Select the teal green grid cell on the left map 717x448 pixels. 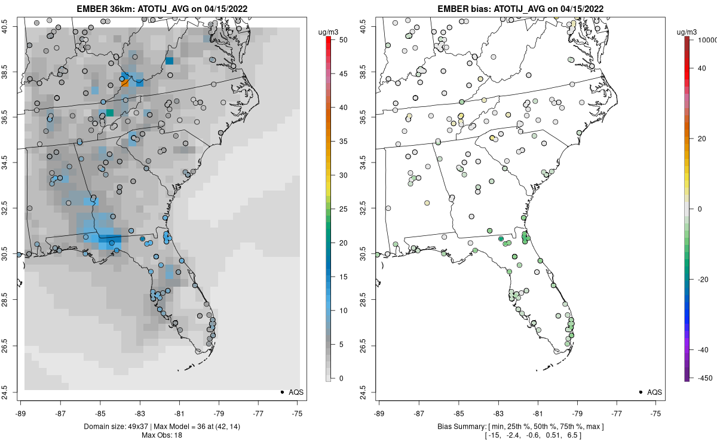click(x=110, y=113)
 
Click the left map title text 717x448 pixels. click(x=161, y=9)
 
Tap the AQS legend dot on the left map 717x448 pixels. click(x=281, y=392)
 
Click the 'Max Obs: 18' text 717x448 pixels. click(x=161, y=435)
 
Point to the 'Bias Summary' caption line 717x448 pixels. click(x=520, y=426)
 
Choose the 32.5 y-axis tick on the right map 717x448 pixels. click(x=371, y=208)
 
